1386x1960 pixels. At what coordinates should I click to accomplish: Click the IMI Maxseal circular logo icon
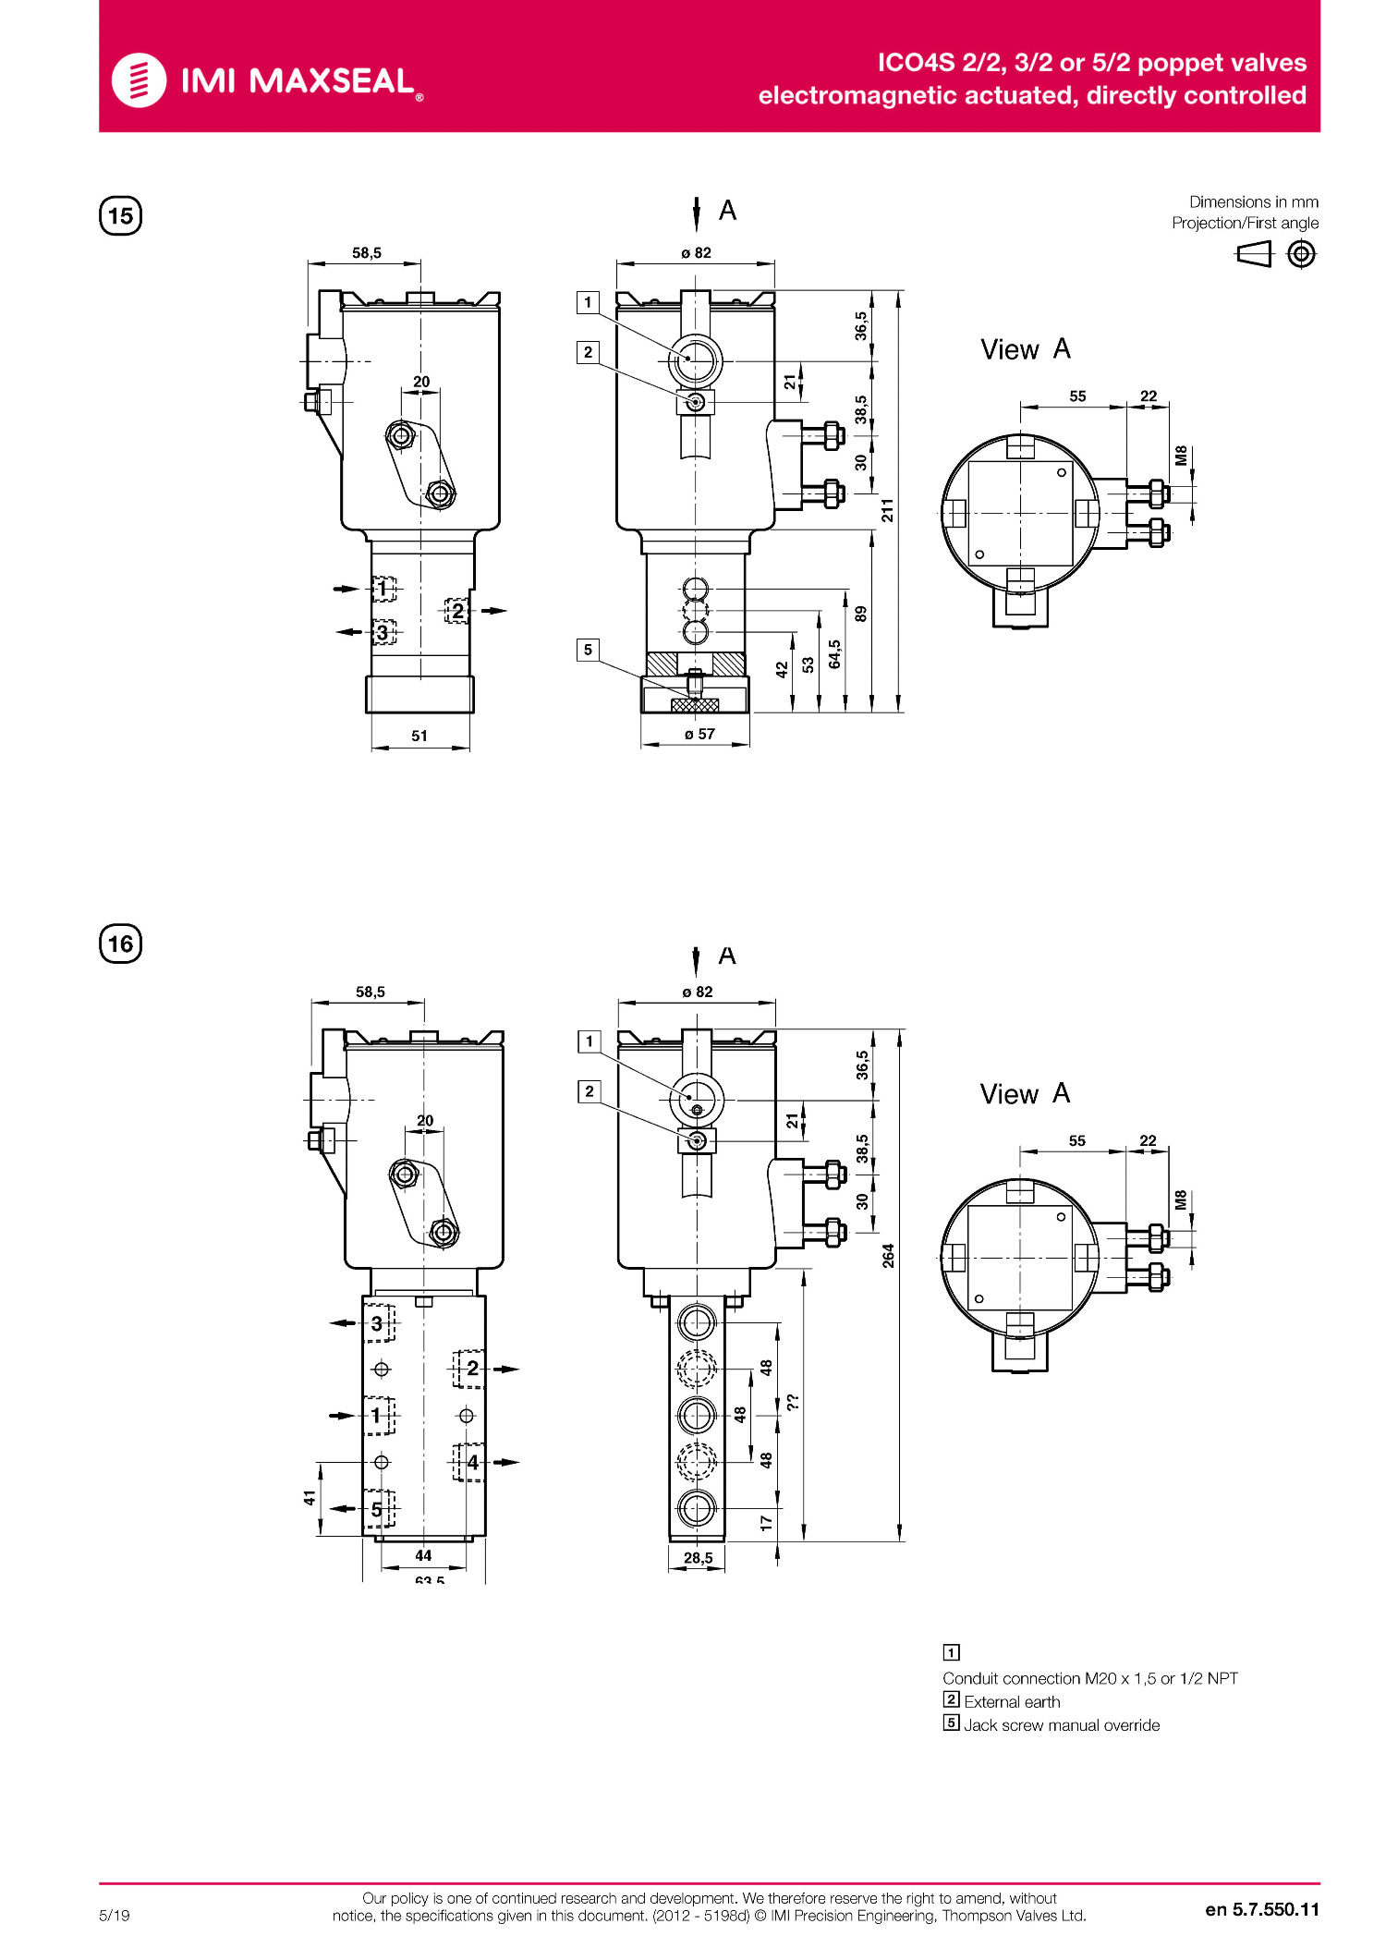pos(139,80)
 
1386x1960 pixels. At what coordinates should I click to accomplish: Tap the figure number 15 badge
pos(120,216)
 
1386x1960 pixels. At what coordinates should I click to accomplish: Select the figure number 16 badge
pos(120,943)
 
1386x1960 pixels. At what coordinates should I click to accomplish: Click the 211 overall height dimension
pos(887,510)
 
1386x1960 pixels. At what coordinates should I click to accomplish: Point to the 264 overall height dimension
pos(888,1256)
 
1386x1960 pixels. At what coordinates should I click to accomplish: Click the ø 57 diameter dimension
pos(699,735)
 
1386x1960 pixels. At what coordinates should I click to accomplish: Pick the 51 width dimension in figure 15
pos(419,737)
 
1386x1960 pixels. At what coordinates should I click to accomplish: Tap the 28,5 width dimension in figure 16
pos(698,1558)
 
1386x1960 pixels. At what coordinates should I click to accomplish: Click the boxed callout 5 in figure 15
pos(588,650)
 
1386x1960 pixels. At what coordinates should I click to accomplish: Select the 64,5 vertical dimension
pos(834,653)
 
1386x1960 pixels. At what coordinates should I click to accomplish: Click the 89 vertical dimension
pos(860,614)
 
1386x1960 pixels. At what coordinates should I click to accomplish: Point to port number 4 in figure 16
pos(472,1462)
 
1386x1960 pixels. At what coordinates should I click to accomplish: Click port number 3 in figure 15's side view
pos(383,633)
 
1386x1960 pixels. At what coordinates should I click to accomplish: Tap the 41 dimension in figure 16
pos(310,1497)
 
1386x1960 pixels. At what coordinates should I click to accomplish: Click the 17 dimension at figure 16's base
pos(766,1524)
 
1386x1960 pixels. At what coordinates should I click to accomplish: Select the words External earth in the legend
pos(1012,1702)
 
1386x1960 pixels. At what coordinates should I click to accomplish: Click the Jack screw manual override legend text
pos(1062,1725)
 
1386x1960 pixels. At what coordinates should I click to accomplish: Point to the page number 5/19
pos(115,1916)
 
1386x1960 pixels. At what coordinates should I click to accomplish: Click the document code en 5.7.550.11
pos(1261,1910)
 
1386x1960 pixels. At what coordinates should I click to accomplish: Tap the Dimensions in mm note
pos(1253,201)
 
